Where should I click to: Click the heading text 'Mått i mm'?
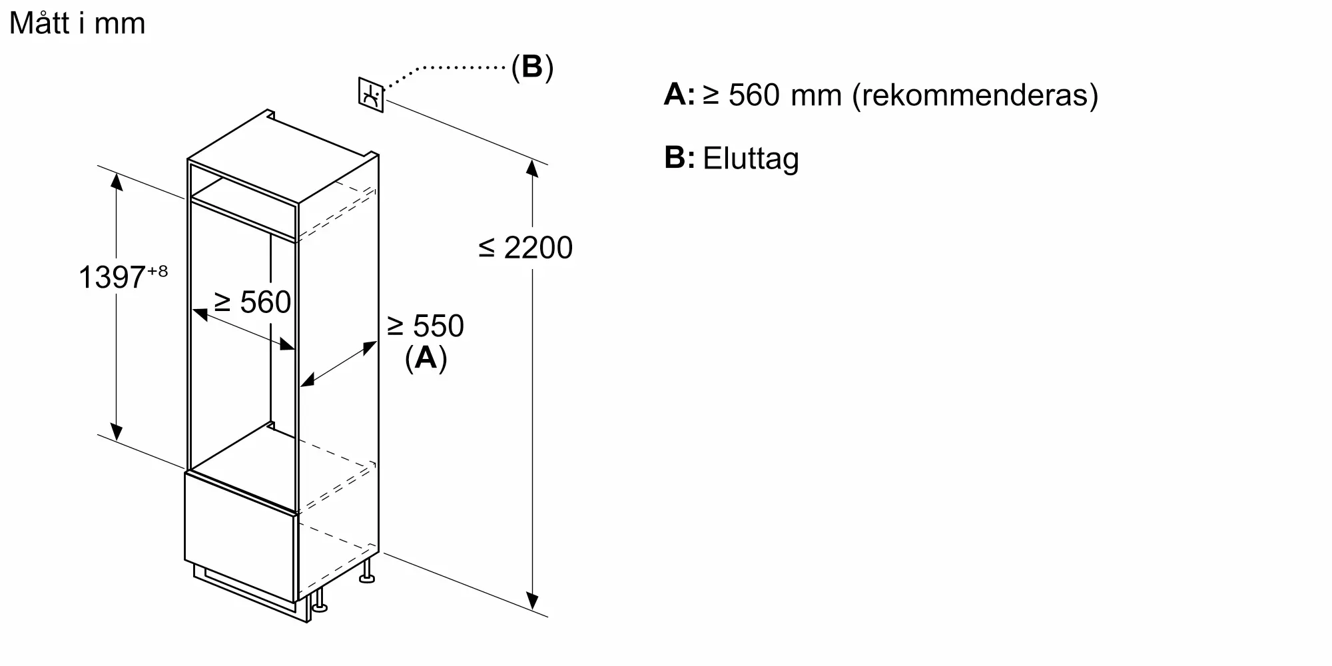pyautogui.click(x=77, y=23)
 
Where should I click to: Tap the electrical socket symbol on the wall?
pyautogui.click(x=371, y=95)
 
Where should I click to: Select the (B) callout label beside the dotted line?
pyautogui.click(x=532, y=67)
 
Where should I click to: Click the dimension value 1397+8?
pyautogui.click(x=123, y=276)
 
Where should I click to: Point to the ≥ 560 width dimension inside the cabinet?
pyautogui.click(x=252, y=302)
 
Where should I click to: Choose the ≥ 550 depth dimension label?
pyautogui.click(x=426, y=326)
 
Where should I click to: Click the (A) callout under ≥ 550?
pyautogui.click(x=426, y=358)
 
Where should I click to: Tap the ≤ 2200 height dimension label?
pyautogui.click(x=525, y=248)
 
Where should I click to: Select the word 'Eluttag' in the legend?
pyautogui.click(x=751, y=159)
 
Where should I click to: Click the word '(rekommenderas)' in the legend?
pyautogui.click(x=975, y=95)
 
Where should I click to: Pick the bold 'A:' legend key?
pyautogui.click(x=679, y=95)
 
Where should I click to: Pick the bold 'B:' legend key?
pyautogui.click(x=679, y=158)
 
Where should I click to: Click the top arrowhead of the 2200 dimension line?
pyautogui.click(x=532, y=168)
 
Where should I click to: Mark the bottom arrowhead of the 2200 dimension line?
pyautogui.click(x=532, y=601)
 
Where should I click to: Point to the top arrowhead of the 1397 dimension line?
pyautogui.click(x=117, y=181)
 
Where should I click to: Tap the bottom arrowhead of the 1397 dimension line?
pyautogui.click(x=117, y=432)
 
